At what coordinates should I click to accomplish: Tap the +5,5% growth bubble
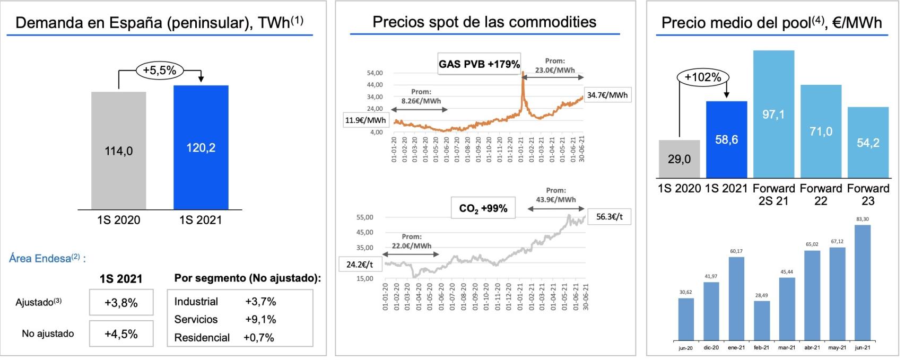pos(160,69)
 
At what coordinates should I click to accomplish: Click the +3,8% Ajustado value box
pos(121,303)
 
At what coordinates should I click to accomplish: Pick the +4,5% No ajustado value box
pos(121,333)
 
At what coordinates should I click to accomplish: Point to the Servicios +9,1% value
pos(260,319)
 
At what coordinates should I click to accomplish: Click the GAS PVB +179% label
pos(478,64)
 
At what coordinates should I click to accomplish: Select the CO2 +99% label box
pos(483,208)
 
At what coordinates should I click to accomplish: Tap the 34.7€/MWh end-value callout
pos(607,95)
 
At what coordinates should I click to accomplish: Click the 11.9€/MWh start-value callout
pos(366,120)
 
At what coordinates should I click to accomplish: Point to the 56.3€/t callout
pos(609,217)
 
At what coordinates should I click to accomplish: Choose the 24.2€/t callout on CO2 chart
pos(360,264)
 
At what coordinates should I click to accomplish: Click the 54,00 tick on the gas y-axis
pos(375,73)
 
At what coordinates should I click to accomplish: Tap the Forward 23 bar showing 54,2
pos(868,142)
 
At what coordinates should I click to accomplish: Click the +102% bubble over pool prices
pos(702,77)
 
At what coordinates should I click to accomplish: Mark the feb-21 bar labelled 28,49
pos(761,320)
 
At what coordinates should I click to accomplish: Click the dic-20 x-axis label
pos(711,348)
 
